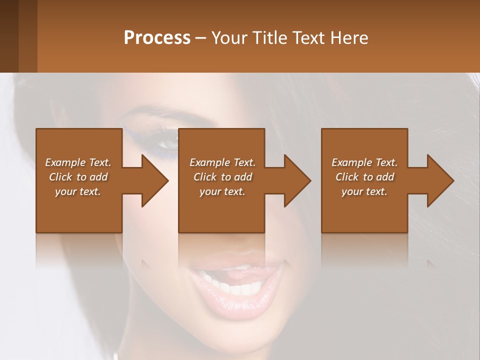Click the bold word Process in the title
(157, 38)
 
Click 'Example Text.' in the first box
(78, 162)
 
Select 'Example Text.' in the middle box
(222, 162)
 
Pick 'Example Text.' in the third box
(364, 162)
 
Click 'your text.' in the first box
(78, 191)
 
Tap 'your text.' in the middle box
(222, 191)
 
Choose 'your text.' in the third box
(364, 191)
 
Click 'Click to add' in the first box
(78, 177)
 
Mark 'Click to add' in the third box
(364, 177)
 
